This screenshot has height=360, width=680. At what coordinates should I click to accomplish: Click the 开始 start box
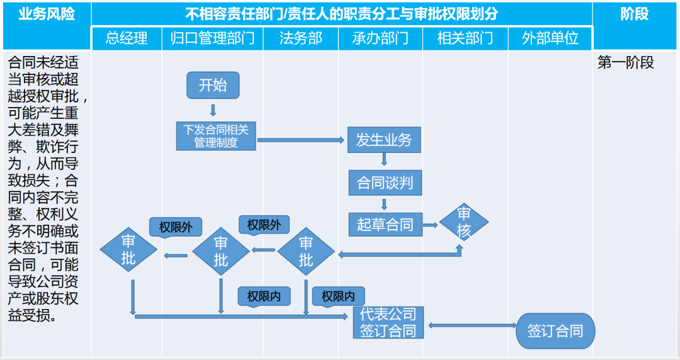click(x=213, y=85)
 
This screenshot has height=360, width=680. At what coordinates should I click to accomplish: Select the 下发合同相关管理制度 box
click(x=216, y=136)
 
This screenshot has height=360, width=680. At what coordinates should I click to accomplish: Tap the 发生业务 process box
click(x=383, y=139)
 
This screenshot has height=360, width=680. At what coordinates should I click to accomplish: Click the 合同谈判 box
click(x=385, y=183)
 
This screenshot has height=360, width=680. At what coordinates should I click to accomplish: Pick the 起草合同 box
click(x=385, y=224)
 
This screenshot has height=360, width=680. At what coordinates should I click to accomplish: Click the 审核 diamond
click(x=464, y=222)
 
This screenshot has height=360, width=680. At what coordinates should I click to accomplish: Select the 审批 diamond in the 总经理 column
click(x=128, y=249)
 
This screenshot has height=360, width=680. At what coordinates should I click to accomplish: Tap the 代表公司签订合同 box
click(x=388, y=322)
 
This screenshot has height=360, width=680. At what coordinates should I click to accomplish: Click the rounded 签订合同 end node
click(x=555, y=331)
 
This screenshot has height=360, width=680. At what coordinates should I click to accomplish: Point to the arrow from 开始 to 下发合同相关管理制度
click(x=213, y=110)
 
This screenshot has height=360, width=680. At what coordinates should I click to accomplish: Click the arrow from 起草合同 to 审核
click(x=431, y=224)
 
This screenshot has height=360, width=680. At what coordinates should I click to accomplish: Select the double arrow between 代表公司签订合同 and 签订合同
click(x=471, y=325)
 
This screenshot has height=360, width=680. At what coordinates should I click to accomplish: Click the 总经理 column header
click(x=127, y=38)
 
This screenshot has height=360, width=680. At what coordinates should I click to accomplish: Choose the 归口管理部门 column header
click(x=212, y=38)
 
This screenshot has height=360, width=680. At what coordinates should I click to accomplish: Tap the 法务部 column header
click(x=300, y=38)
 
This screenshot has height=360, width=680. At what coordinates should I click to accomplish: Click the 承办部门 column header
click(x=380, y=38)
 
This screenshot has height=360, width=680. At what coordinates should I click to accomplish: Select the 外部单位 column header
click(x=550, y=38)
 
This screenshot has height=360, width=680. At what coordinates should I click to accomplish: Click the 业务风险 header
click(x=47, y=14)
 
